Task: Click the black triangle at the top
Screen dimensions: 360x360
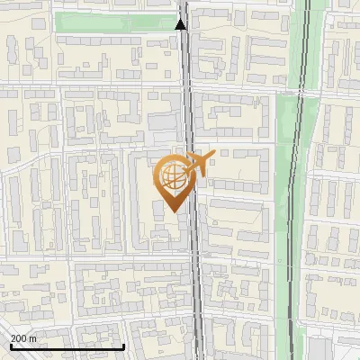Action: click(x=181, y=23)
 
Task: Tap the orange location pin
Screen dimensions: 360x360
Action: click(x=175, y=181)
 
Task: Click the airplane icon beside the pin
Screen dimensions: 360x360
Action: click(x=199, y=165)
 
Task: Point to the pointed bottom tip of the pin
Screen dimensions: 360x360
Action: click(x=174, y=211)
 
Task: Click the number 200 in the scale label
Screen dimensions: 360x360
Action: click(x=19, y=337)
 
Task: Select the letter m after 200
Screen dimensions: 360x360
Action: click(x=32, y=337)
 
